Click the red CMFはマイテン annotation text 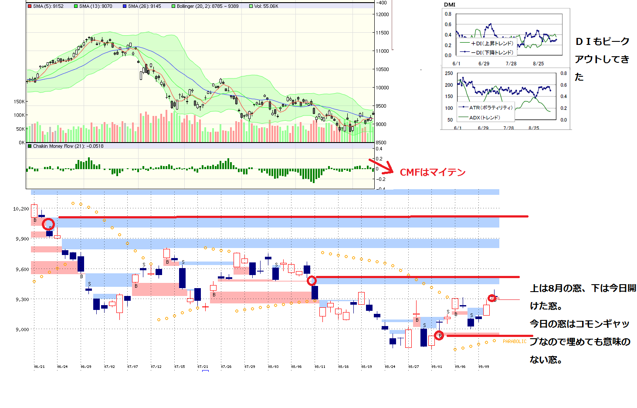coord(433,172)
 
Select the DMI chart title coord(450,5)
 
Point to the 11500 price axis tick coord(383,33)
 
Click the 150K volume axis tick coord(19,102)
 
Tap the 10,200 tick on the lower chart coord(21,209)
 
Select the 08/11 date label coord(320,367)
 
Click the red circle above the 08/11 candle coord(312,281)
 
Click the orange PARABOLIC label coord(515,341)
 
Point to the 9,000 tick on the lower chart coord(22,330)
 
